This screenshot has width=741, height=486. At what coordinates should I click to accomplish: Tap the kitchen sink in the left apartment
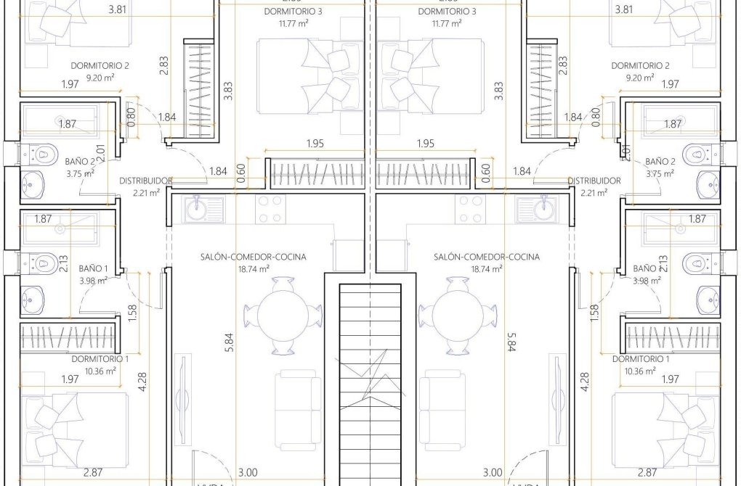[196, 210]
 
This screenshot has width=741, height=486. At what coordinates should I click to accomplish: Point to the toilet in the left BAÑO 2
[43, 153]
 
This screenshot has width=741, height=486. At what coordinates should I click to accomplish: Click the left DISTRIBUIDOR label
[145, 181]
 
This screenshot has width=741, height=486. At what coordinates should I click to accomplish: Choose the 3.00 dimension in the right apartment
[493, 472]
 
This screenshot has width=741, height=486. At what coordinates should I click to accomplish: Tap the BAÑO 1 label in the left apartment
[94, 268]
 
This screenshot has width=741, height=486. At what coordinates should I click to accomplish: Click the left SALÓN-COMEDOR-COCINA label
[253, 257]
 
